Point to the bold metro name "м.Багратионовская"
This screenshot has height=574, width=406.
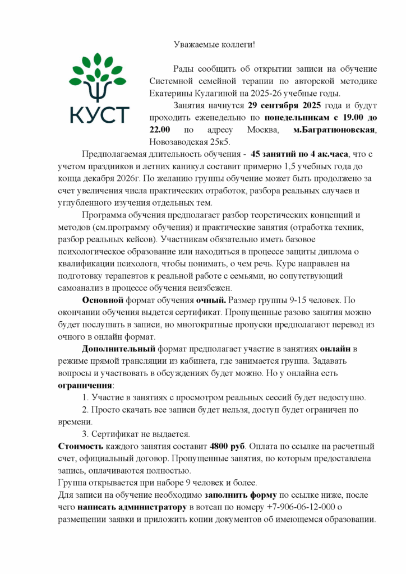335,130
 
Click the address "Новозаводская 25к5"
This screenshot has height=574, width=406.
191,142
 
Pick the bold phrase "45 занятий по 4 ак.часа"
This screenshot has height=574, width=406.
300,154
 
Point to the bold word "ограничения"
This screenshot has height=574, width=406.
85,386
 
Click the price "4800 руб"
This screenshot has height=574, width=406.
228,446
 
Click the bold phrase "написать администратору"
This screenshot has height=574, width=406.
132,507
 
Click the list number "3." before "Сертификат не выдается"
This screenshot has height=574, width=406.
85,434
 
